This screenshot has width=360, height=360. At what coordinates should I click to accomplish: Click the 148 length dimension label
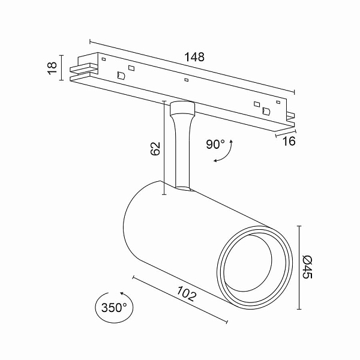tap(194, 57)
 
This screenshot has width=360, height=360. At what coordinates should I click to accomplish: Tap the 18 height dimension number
tap(53, 68)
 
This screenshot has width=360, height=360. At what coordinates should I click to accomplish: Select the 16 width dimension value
tap(289, 141)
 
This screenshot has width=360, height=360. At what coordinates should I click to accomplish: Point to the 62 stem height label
tap(155, 149)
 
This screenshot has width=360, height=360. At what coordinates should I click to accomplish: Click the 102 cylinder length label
tap(187, 293)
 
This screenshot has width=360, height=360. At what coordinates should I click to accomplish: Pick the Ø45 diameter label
tap(307, 267)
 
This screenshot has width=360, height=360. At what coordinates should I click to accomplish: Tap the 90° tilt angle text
tap(215, 145)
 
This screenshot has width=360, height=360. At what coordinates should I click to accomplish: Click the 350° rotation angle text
tap(114, 308)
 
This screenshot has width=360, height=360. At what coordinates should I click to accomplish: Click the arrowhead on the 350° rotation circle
tap(122, 293)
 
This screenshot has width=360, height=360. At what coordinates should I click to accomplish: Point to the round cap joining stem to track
tap(182, 108)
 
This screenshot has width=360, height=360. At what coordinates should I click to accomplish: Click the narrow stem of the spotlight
tap(182, 152)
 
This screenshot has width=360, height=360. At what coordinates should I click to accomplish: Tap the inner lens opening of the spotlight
tap(248, 263)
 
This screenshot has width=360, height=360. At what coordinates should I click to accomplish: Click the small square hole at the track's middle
tap(187, 80)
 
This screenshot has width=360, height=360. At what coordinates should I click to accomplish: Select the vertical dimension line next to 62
tap(164, 148)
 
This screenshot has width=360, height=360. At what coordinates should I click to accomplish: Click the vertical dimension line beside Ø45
tap(299, 268)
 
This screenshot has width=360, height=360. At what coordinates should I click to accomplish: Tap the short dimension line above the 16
tap(286, 134)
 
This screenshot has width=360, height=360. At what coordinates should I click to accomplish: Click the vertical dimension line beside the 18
tap(61, 68)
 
